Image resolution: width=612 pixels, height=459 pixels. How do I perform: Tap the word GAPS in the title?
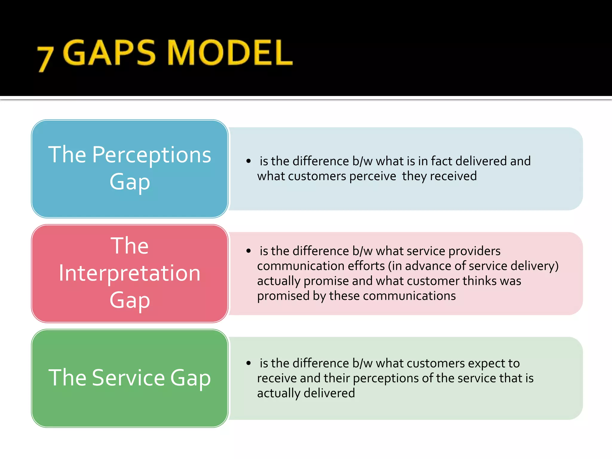tap(109, 53)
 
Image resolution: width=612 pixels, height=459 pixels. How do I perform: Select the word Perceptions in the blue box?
tap(152, 155)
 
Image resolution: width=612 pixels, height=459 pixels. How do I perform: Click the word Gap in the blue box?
tap(129, 182)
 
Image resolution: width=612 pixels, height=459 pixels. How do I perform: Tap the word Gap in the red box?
tap(129, 300)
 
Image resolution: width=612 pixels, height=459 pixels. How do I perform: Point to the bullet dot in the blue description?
tap(248, 161)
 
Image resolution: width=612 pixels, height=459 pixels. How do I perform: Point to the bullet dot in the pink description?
tap(248, 251)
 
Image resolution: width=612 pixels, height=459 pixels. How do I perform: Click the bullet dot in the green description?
tap(248, 363)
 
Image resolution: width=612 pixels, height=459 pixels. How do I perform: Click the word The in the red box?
tap(129, 246)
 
